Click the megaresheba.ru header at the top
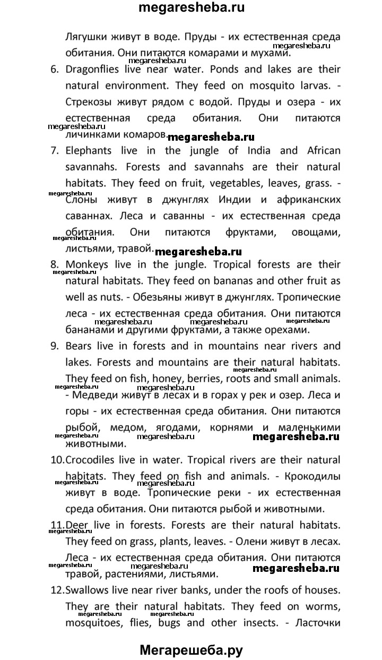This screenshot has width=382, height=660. tap(190, 9)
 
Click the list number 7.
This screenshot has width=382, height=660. tap(54, 150)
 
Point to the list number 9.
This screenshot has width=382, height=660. tap(54, 346)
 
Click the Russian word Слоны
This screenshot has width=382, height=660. tap(81, 200)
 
